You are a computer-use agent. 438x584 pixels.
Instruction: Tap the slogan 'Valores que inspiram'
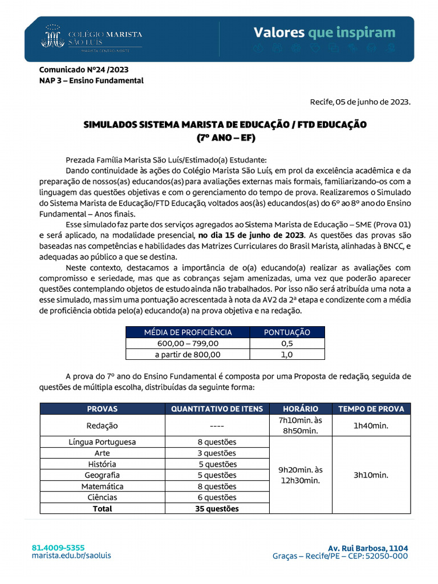click(324, 32)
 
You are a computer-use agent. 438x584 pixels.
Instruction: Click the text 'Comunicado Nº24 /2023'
click(83, 70)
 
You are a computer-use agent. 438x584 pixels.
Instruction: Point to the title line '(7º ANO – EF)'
click(225, 137)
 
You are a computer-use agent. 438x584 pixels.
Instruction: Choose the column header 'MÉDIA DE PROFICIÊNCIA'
click(188, 332)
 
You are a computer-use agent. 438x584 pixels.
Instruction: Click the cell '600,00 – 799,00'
click(188, 343)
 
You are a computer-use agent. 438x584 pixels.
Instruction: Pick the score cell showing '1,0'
click(287, 354)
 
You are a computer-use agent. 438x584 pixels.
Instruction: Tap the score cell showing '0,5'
click(287, 343)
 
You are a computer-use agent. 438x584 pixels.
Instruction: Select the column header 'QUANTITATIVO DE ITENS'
click(217, 408)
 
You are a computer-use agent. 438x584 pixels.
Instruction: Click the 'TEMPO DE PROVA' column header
click(371, 408)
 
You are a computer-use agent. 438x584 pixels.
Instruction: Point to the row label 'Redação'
click(102, 425)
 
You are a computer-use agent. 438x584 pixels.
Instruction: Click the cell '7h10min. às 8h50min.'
click(300, 425)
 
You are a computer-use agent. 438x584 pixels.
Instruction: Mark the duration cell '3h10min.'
click(371, 475)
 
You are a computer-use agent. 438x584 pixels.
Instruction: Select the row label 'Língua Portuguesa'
click(102, 442)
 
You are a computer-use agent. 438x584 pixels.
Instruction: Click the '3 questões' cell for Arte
click(217, 453)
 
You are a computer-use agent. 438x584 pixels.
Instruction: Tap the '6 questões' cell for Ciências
click(217, 497)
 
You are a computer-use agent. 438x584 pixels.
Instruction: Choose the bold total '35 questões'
click(217, 508)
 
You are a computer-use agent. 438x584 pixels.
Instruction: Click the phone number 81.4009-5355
click(58, 547)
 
